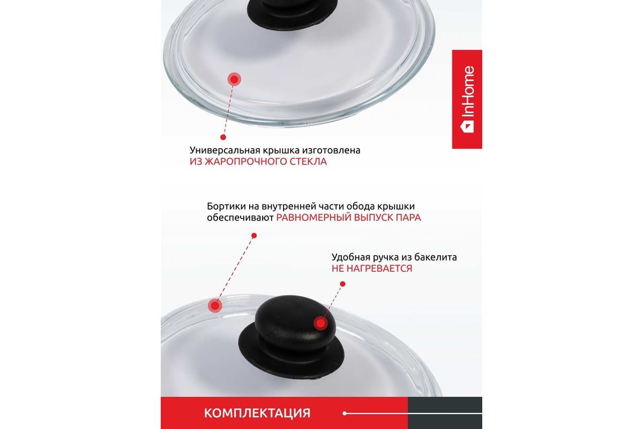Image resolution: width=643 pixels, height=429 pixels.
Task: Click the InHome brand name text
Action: point(468,91)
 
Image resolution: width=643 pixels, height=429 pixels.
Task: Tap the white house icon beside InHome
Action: point(467,126)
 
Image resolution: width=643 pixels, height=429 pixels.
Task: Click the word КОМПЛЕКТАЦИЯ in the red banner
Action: point(257,413)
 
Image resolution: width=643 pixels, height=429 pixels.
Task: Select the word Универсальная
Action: point(225,150)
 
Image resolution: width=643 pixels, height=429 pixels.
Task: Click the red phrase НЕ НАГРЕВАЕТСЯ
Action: point(372,268)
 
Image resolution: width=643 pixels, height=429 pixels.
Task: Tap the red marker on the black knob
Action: point(320,323)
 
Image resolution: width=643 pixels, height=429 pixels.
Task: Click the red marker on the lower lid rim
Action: point(215,305)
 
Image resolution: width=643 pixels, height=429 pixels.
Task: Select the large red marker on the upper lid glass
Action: point(234,79)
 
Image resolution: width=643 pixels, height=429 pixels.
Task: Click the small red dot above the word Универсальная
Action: point(223,137)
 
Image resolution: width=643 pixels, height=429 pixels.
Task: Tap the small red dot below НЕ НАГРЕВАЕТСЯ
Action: point(342,284)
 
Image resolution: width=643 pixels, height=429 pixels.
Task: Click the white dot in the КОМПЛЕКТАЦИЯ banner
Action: point(345,413)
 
